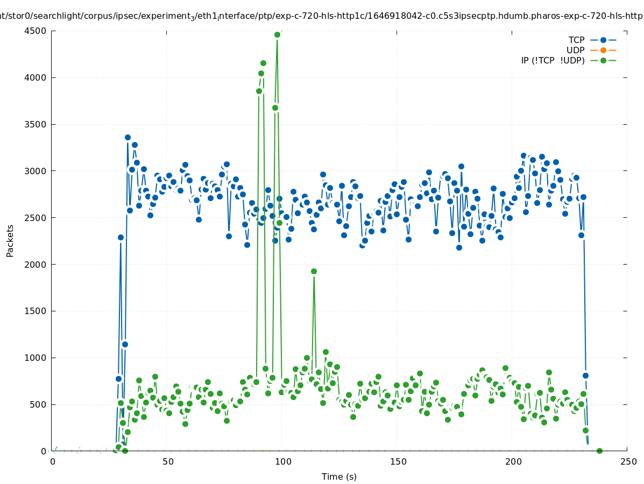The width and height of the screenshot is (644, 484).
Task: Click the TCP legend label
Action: pyautogui.click(x=576, y=40)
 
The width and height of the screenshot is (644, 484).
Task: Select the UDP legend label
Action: pyautogui.click(x=575, y=50)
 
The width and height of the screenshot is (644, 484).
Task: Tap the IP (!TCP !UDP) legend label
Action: pyautogui.click(x=553, y=60)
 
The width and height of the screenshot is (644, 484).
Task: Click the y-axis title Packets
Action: pyautogui.click(x=10, y=240)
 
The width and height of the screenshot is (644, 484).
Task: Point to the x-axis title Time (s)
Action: pyautogui.click(x=339, y=476)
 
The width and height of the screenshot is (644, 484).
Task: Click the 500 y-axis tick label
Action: pyautogui.click(x=40, y=404)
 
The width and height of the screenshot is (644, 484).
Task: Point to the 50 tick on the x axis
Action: pyautogui.click(x=168, y=461)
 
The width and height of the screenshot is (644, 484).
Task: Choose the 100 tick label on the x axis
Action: pyautogui.click(x=282, y=461)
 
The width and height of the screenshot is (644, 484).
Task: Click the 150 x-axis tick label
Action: pyautogui.click(x=398, y=461)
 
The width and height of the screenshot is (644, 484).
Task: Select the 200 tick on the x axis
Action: pyautogui.click(x=513, y=461)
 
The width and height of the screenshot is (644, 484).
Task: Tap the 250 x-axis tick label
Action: pyautogui.click(x=627, y=461)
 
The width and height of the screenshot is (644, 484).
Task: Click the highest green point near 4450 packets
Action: pyautogui.click(x=277, y=35)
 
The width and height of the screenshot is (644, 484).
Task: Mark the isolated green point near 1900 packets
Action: pyautogui.click(x=314, y=271)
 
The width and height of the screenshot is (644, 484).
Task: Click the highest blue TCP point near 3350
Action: pyautogui.click(x=128, y=138)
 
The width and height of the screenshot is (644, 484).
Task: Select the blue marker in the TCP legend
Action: pyautogui.click(x=603, y=40)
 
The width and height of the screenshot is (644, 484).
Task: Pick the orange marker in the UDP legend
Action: pyautogui.click(x=603, y=50)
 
